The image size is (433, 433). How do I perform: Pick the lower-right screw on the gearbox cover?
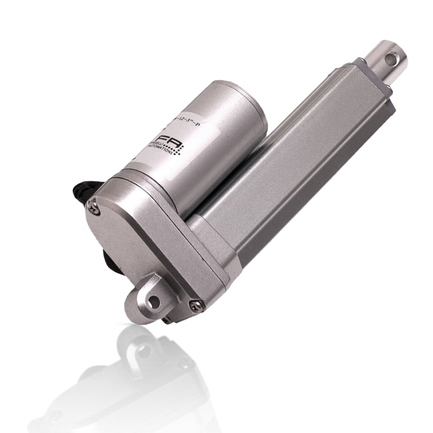click(x=195, y=305)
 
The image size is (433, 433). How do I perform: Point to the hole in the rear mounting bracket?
click(x=154, y=302)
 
